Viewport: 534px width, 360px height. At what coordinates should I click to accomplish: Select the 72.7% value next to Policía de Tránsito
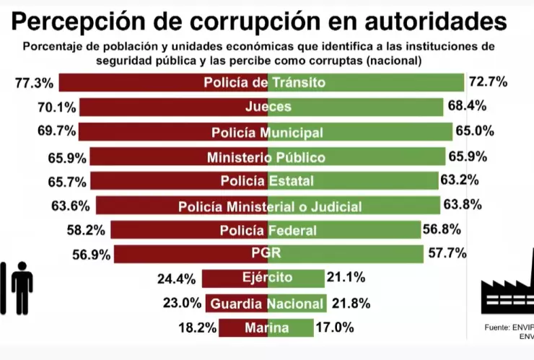pos(488,82)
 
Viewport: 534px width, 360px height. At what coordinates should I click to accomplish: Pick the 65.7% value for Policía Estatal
pos(69,181)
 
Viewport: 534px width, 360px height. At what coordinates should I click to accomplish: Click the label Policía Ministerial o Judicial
pos(270,207)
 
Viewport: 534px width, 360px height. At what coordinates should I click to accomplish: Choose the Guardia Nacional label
pos(266,304)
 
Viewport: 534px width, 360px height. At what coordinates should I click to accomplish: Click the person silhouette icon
pos(21,287)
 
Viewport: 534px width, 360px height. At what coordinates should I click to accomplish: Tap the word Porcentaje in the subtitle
pos(54,46)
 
